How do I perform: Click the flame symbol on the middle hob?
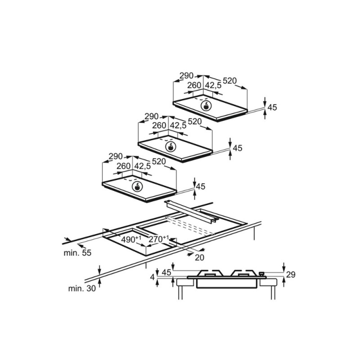coord(171,147)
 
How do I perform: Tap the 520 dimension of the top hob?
coord(229,81)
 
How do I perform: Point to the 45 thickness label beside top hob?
coord(272,107)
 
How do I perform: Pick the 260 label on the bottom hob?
coord(124,166)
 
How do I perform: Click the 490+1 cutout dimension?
coord(131,239)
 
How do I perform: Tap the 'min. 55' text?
coord(77,253)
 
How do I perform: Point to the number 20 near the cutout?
coord(199,257)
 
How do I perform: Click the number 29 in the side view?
coord(291,274)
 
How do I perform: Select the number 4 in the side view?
coord(153,278)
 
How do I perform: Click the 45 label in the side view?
coord(166,272)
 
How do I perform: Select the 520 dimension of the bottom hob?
coord(159,161)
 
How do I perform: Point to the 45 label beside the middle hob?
coord(237,148)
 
